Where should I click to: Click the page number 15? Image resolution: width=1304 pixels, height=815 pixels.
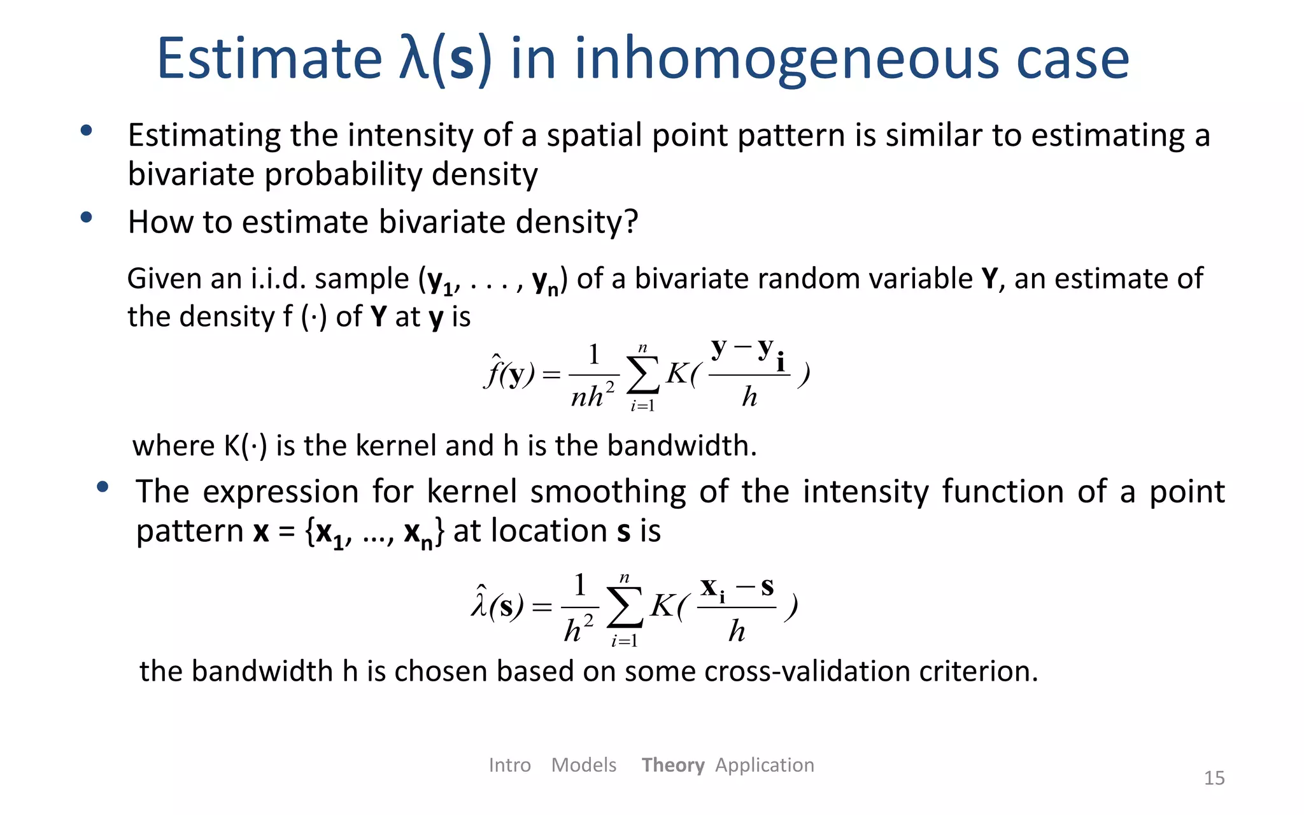[1214, 777]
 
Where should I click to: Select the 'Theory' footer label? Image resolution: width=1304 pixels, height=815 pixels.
[672, 765]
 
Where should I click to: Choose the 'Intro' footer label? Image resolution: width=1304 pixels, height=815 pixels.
[509, 765]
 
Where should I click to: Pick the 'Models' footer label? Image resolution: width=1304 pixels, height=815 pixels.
[584, 765]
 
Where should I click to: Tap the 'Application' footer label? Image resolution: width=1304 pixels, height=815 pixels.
[764, 765]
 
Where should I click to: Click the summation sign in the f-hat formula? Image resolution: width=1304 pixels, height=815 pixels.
[642, 376]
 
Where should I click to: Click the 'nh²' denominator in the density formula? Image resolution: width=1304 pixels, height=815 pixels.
[592, 396]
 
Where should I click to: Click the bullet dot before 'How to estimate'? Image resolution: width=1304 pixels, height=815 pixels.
[87, 218]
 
